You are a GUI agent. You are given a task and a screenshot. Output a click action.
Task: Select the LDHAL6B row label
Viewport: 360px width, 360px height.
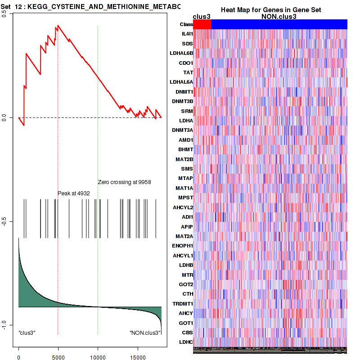point(182,53)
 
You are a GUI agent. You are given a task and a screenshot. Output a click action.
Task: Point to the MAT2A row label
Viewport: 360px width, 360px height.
point(184,236)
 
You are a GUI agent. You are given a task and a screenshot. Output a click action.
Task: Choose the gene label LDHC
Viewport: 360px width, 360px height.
point(186,342)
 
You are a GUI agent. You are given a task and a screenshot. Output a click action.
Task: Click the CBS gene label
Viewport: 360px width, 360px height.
point(187,333)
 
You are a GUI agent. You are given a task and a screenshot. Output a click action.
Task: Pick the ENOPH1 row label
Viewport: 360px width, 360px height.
point(183,246)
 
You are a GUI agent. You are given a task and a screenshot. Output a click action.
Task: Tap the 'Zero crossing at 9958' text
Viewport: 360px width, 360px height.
point(124,182)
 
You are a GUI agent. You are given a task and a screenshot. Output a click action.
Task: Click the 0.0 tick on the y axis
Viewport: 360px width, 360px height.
point(4,118)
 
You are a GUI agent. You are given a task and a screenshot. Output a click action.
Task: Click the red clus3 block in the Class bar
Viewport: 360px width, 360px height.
point(202,24)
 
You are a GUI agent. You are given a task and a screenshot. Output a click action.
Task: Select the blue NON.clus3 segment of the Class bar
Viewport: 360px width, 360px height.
point(279,24)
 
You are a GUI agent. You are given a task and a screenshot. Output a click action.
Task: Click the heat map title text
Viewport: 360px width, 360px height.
point(270,10)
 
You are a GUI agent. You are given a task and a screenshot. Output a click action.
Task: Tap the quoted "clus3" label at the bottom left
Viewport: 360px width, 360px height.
point(27,333)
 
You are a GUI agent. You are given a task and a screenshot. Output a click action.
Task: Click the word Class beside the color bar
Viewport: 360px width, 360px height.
point(186,24)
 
